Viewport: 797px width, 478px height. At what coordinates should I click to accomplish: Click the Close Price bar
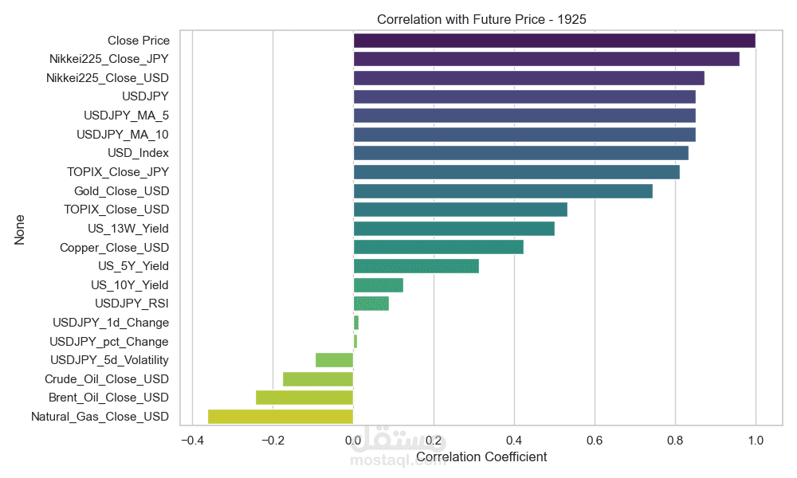pos(554,40)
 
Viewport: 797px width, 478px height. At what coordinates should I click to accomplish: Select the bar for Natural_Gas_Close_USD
pos(281,417)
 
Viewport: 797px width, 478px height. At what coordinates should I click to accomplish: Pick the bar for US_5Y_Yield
pos(416,266)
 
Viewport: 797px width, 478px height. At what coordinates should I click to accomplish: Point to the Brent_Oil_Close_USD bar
pos(304,398)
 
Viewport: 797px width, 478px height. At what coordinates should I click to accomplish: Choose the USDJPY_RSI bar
pos(371,304)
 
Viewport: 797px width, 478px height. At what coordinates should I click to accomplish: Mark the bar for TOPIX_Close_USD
pos(460,210)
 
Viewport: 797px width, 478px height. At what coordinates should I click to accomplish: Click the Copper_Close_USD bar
pos(438,247)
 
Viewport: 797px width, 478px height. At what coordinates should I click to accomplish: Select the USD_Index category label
pos(138,153)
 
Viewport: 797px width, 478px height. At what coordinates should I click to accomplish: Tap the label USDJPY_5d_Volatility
pos(109,360)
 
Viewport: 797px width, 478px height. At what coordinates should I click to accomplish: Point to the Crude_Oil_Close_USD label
pos(107,379)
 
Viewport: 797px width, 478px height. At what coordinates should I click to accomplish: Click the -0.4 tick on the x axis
pos(191,441)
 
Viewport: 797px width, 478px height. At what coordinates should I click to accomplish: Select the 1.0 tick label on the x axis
pos(755,441)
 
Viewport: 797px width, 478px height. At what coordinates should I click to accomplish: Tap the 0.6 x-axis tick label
pos(594,441)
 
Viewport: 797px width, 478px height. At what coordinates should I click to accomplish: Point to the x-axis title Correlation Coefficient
pos(481,457)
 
